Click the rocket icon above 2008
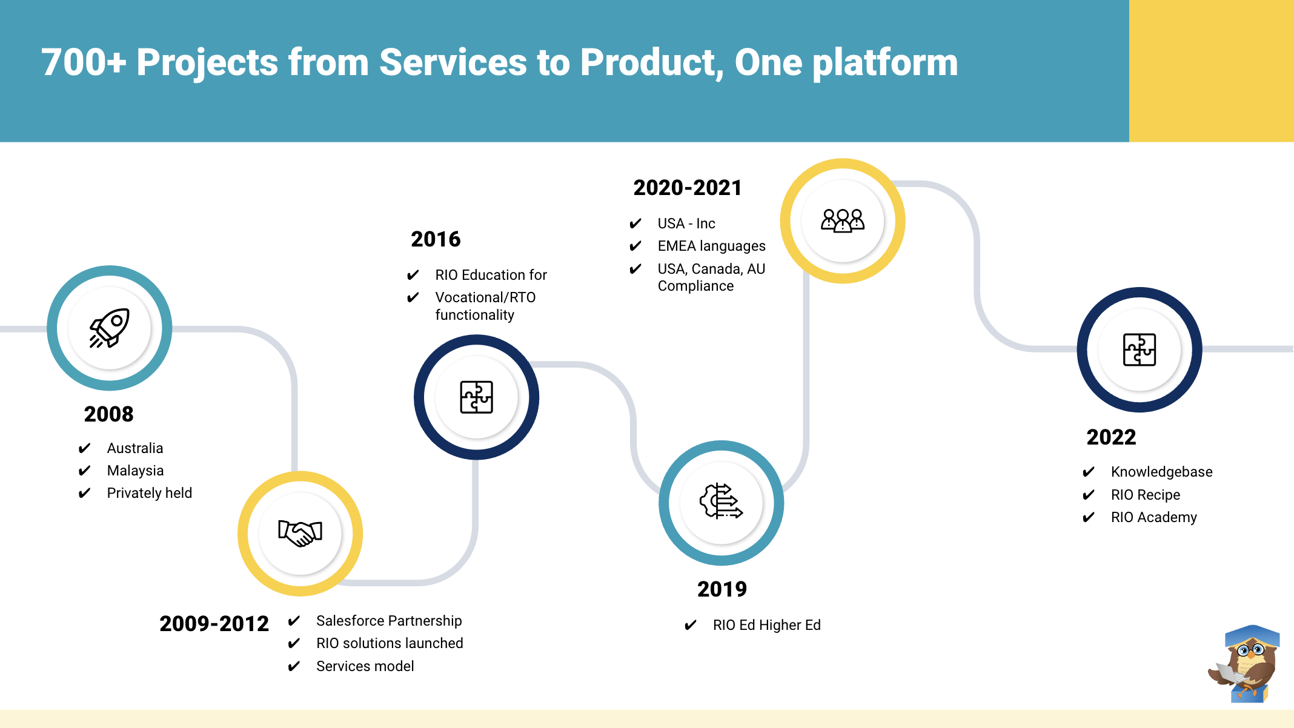[x=110, y=328]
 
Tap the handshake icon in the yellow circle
[x=300, y=533]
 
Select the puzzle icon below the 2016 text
[x=476, y=397]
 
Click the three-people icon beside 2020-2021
[x=843, y=220]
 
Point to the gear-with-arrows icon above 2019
[x=721, y=501]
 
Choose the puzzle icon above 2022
[x=1139, y=349]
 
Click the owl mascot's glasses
[x=1251, y=651]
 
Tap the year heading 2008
[x=108, y=414]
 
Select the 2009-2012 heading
[x=214, y=623]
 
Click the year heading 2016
[x=436, y=239]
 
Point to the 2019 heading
[x=722, y=589]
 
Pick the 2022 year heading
[x=1111, y=437]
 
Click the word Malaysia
[x=135, y=471]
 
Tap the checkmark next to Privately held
[x=84, y=493]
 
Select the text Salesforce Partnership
[x=389, y=621]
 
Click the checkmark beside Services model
[x=294, y=666]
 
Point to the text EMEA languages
[x=711, y=246]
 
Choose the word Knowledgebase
[x=1161, y=472]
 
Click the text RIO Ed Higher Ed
[x=766, y=625]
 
